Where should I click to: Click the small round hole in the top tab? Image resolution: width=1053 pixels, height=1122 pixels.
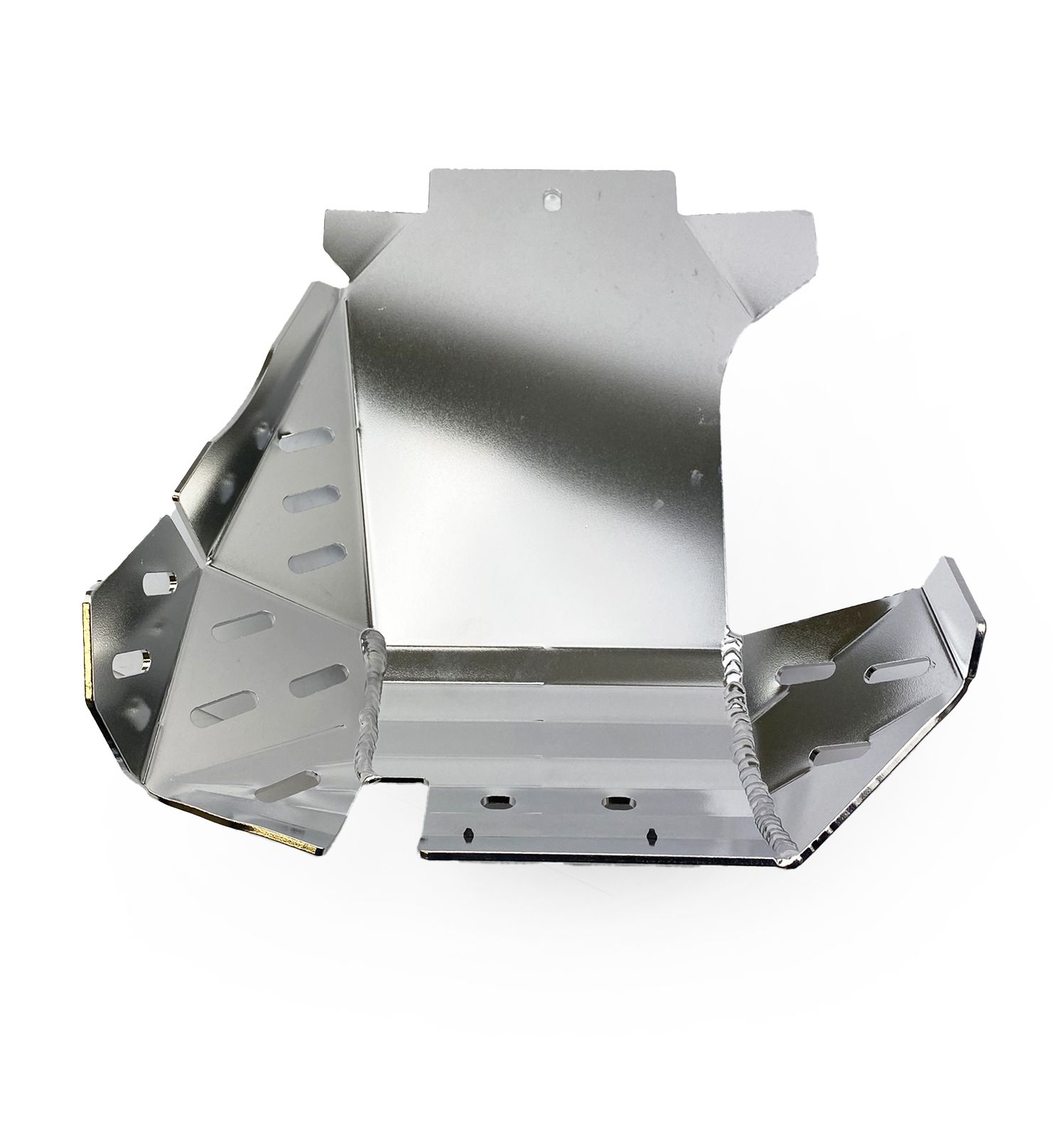pyautogui.click(x=550, y=200)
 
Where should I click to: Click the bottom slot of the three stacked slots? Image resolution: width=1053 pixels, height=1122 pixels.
pyautogui.click(x=313, y=555)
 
